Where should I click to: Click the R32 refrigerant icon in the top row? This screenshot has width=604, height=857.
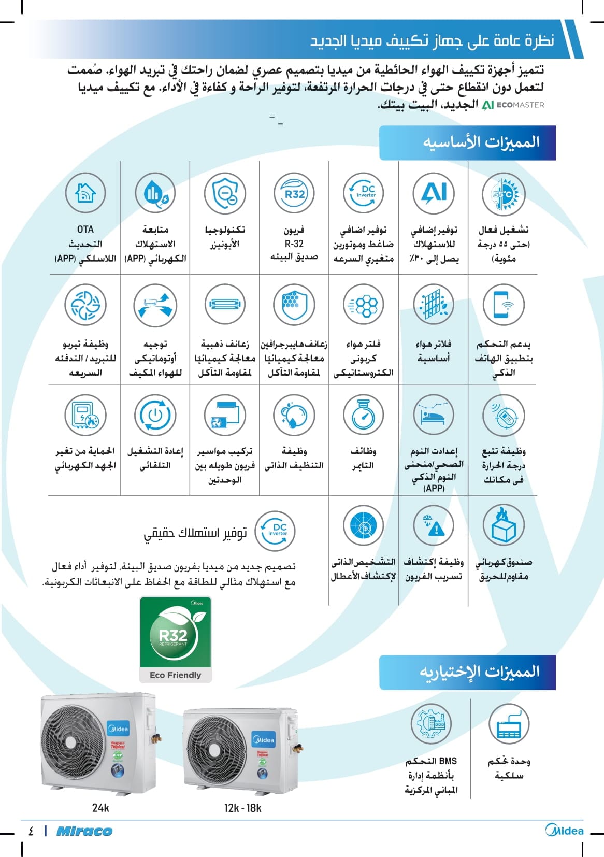click(x=294, y=193)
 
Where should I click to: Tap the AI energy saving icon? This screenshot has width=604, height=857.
click(x=434, y=193)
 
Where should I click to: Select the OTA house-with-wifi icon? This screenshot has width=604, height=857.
click(x=85, y=193)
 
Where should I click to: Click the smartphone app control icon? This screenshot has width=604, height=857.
click(x=503, y=304)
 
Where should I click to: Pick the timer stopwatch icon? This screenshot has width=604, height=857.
click(x=364, y=415)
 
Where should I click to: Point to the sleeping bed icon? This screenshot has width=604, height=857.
click(x=434, y=415)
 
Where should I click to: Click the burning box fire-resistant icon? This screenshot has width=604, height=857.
click(x=503, y=525)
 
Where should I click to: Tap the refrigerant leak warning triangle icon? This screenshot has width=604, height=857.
click(x=434, y=525)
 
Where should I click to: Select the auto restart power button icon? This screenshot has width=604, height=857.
click(x=155, y=415)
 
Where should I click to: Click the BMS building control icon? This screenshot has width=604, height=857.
click(x=431, y=723)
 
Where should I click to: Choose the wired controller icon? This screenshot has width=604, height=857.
click(x=509, y=723)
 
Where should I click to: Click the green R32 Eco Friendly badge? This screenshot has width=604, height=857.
click(x=175, y=639)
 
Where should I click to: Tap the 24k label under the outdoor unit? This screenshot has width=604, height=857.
click(x=100, y=808)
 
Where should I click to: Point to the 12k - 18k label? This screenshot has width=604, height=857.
click(x=242, y=808)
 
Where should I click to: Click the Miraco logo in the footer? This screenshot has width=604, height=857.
click(x=84, y=831)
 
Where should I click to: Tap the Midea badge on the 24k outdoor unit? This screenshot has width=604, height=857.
click(x=119, y=729)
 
